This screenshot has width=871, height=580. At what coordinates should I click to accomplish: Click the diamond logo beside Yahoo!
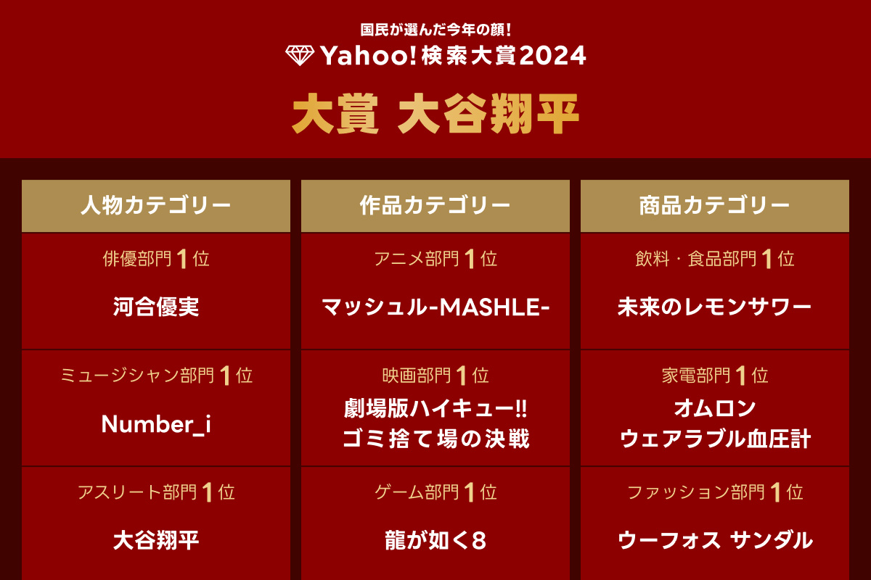point(300,56)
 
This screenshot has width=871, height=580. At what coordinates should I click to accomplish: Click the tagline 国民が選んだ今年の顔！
point(436,30)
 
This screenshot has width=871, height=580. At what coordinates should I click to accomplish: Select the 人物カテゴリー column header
point(156,206)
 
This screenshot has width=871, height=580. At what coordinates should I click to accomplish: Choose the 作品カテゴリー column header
point(435,206)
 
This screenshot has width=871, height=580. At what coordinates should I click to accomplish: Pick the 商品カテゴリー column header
point(715,206)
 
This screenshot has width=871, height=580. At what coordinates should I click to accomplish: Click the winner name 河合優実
point(156,307)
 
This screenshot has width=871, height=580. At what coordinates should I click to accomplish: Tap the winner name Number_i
point(156,424)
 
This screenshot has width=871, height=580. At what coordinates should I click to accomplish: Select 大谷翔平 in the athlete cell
point(156,540)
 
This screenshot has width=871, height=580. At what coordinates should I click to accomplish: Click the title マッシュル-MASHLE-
point(435,307)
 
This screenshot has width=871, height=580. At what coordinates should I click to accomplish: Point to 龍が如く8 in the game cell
point(435,541)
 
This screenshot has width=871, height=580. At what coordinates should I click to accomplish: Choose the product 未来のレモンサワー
point(715,307)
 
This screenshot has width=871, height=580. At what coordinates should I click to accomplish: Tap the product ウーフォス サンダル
point(715,540)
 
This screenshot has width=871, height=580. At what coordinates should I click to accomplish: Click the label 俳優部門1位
point(156,259)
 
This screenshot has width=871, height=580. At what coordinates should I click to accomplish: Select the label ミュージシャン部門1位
point(156,376)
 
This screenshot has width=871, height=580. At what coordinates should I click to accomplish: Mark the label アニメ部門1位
point(435,259)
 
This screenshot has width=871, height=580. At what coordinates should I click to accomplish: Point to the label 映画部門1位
point(435,376)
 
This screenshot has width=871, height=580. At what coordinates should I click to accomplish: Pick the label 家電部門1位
point(715,376)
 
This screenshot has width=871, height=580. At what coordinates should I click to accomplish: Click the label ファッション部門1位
point(715,493)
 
